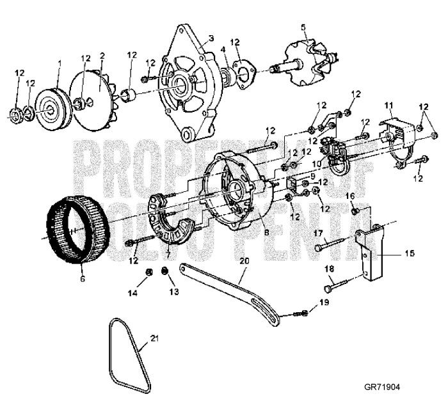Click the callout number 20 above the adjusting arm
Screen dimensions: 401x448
(x=243, y=262)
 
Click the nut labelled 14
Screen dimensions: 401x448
(x=147, y=274)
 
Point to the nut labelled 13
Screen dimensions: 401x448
(x=166, y=273)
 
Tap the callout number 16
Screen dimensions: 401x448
(x=351, y=195)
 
